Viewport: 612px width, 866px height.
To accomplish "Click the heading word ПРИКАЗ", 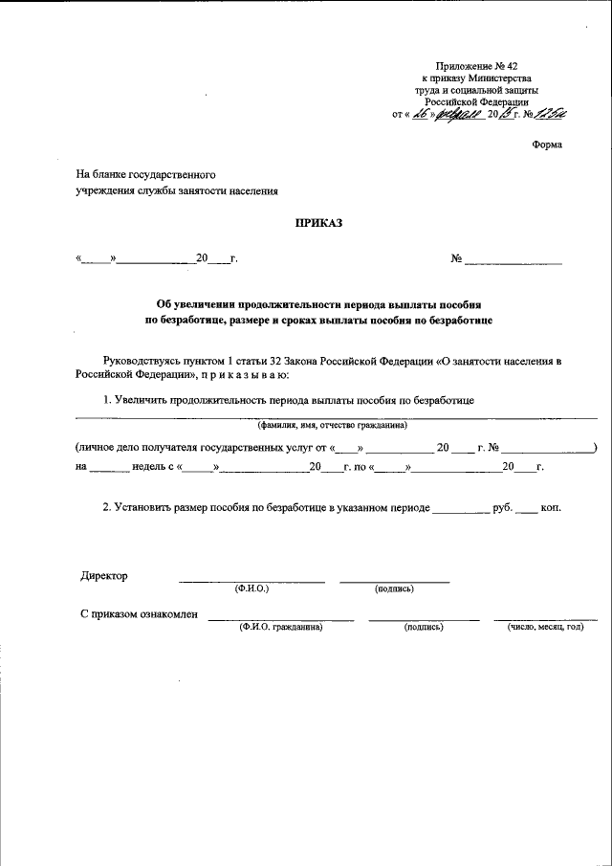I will point(321,223).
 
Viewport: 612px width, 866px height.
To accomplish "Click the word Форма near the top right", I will point(547,144).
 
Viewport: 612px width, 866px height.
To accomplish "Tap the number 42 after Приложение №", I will point(511,62).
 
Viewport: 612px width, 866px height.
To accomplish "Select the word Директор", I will point(104,576).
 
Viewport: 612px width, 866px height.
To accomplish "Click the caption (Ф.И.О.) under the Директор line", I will point(251,588).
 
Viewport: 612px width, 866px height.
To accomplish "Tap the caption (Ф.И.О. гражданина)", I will point(281,628).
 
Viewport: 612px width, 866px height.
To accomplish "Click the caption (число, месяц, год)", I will point(545,628).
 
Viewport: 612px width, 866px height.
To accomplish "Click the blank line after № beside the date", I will point(514,259).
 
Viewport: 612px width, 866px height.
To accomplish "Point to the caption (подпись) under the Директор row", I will point(394,588).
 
